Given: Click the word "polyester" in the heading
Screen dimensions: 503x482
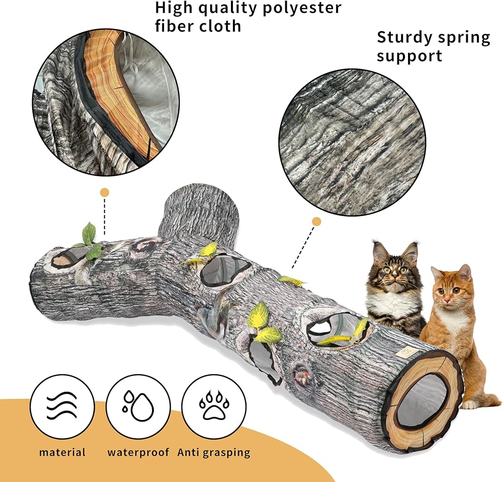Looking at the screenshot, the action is point(302,8).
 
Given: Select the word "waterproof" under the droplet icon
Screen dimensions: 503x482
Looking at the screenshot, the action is point(138,452).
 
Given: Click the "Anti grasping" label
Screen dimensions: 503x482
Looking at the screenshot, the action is point(214,453).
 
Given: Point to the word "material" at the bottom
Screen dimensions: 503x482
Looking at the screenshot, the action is point(62,452).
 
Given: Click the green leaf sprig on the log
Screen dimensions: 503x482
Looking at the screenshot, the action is point(89,241).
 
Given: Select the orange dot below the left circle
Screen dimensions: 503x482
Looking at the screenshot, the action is point(105,193).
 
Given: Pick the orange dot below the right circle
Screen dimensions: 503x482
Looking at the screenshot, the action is point(316,222).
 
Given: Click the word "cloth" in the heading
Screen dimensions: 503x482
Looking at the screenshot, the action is point(219,26).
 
